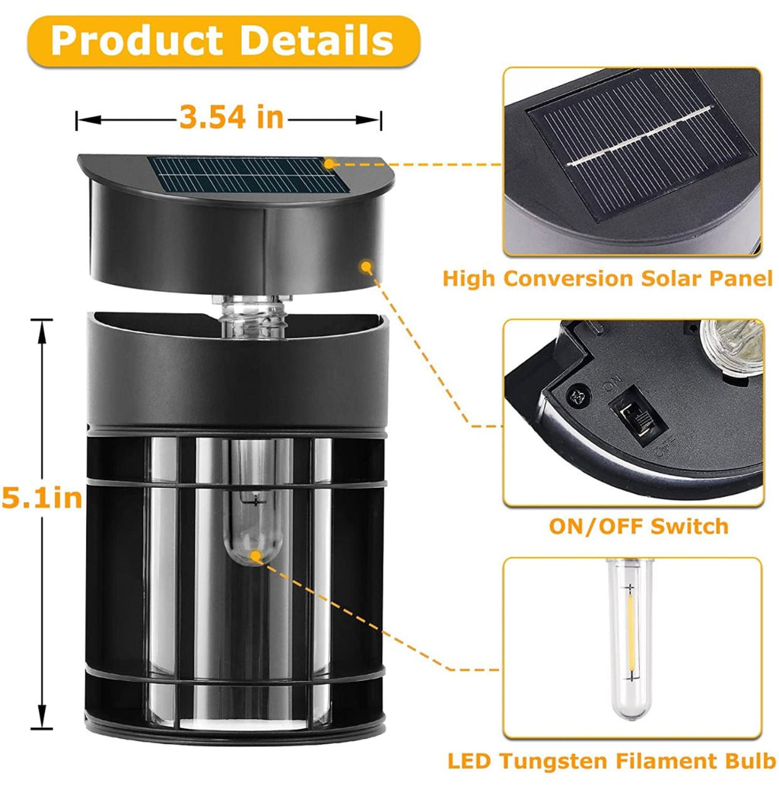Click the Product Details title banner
point(224,41)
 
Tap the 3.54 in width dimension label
point(231,117)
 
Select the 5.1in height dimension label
point(42,498)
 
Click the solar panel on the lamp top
point(250,175)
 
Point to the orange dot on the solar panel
point(329,163)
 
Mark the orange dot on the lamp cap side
point(365,266)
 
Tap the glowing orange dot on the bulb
point(256,556)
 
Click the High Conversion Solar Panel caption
point(608,279)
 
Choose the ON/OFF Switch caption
point(638,526)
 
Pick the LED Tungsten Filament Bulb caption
point(612,761)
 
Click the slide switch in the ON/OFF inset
point(636,415)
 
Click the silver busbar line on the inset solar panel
point(641,136)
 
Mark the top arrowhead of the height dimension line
point(42,330)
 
